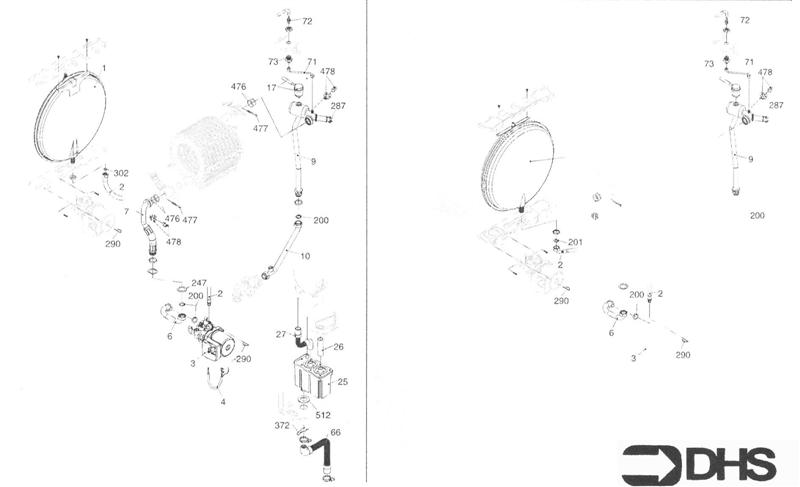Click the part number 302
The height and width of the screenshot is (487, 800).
click(x=120, y=173)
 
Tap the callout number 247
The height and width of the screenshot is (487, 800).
click(x=199, y=283)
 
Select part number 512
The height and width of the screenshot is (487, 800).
click(x=323, y=415)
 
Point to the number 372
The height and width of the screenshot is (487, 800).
click(x=282, y=426)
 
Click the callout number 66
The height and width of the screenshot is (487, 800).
click(x=335, y=432)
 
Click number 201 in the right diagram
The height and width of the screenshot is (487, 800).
click(x=575, y=242)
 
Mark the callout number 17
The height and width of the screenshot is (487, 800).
click(x=271, y=88)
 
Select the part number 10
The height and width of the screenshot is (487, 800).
click(x=305, y=256)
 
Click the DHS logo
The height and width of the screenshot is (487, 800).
click(x=699, y=464)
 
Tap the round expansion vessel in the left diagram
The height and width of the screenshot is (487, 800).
click(x=70, y=116)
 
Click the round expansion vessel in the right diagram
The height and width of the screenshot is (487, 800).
click(x=526, y=161)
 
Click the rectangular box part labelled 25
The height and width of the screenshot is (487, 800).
click(x=309, y=378)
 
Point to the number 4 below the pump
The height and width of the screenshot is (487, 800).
click(x=223, y=402)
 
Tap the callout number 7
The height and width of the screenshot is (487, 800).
click(x=126, y=211)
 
